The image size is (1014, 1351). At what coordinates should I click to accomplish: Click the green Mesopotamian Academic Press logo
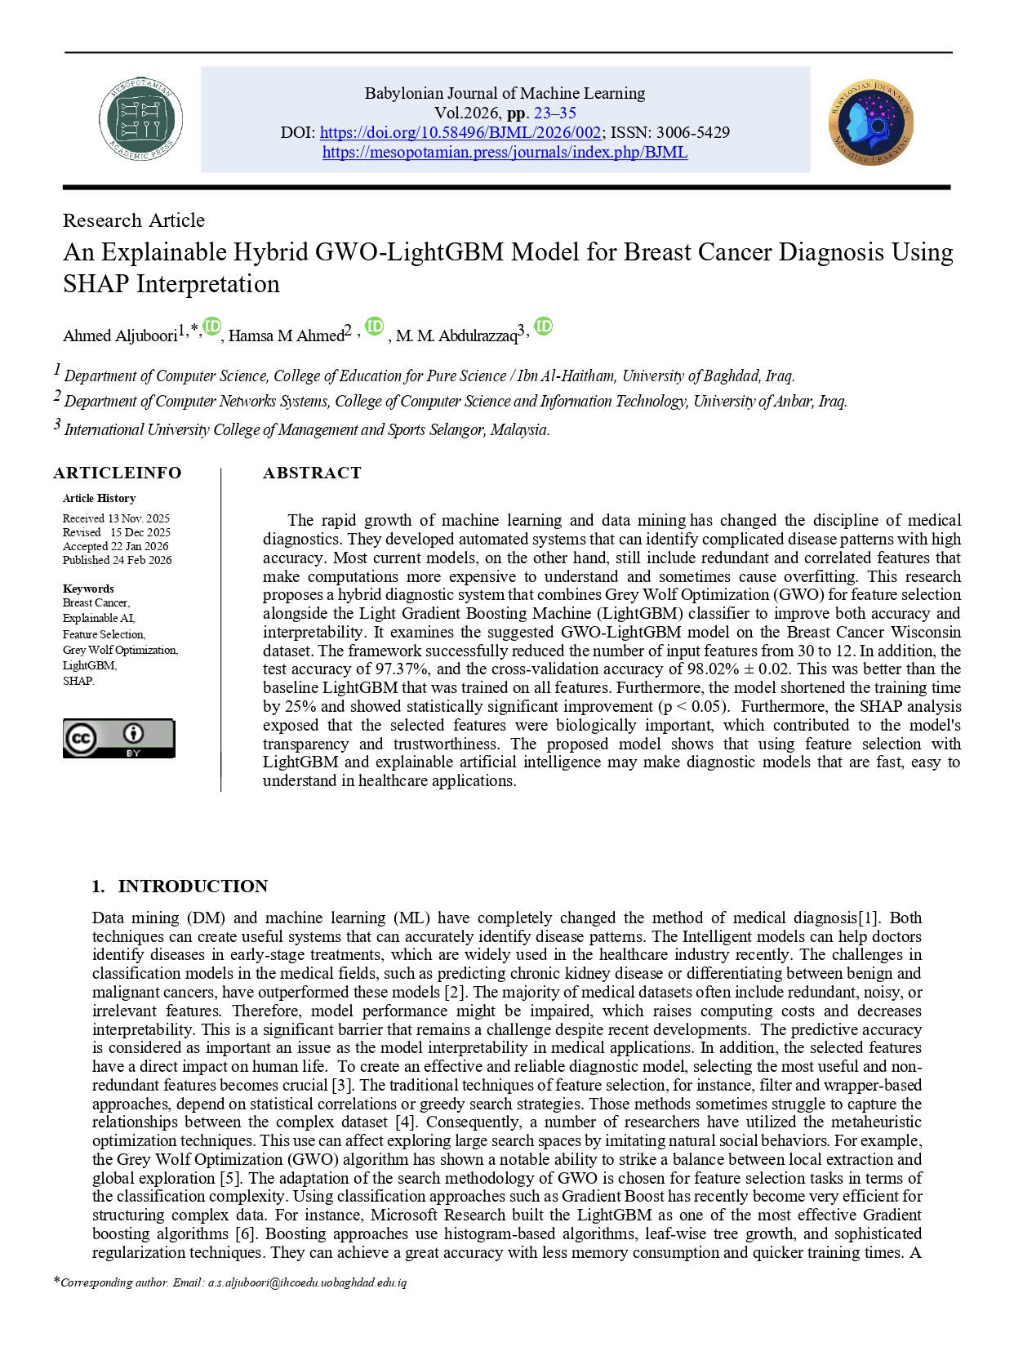(x=140, y=120)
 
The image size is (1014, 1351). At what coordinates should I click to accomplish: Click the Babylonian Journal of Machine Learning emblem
(x=870, y=122)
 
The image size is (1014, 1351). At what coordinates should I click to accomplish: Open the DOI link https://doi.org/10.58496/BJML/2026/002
(x=460, y=132)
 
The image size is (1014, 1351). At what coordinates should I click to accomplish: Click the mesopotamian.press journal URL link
(x=505, y=152)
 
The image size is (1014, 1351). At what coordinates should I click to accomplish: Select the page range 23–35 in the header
(x=554, y=113)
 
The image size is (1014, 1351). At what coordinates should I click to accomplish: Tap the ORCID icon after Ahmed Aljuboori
(x=212, y=327)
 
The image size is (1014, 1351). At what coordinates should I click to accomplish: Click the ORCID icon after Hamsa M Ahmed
(x=374, y=327)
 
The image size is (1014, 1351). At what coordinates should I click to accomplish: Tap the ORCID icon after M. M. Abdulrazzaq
(x=543, y=327)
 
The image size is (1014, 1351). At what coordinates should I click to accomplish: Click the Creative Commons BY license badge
(x=119, y=738)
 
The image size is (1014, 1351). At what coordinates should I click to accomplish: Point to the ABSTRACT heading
(x=312, y=473)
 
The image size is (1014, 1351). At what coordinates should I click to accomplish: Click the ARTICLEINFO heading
(x=118, y=473)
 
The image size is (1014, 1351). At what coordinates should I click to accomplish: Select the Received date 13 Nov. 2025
(x=138, y=518)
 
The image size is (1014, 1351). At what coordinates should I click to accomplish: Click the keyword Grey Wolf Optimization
(x=119, y=650)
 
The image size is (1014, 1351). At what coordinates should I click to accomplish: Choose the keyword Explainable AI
(x=98, y=618)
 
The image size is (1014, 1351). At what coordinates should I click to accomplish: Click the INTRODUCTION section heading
(x=193, y=886)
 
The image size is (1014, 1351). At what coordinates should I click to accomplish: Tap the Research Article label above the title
(x=134, y=220)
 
